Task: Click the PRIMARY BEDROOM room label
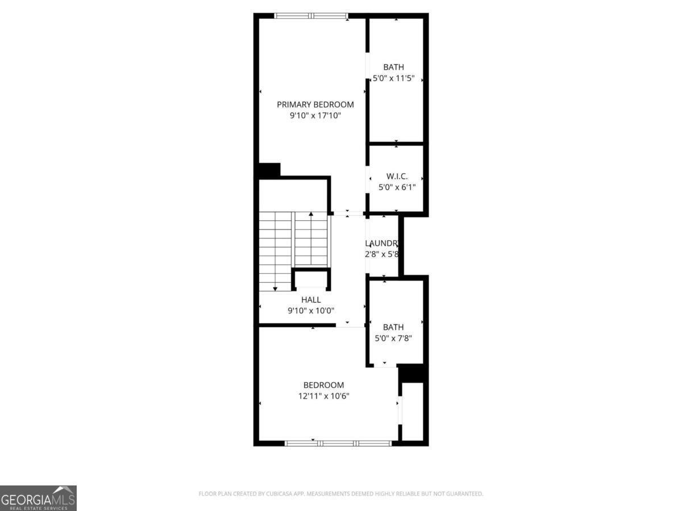point(315,104)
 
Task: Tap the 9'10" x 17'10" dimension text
point(315,116)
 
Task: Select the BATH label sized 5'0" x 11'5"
point(393,68)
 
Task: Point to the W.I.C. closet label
point(397,176)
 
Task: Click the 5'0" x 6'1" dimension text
point(397,187)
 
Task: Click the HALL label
point(311,300)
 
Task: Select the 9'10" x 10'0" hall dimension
point(311,311)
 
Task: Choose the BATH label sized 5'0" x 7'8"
point(393,327)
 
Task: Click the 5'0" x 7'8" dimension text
point(393,338)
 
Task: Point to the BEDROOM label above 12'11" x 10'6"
point(323,385)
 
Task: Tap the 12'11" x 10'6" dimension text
point(323,396)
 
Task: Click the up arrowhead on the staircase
point(311,215)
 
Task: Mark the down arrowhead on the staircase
point(275,289)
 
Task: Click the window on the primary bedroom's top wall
point(311,16)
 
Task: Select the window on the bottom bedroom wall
point(338,443)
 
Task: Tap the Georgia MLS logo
point(38,498)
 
